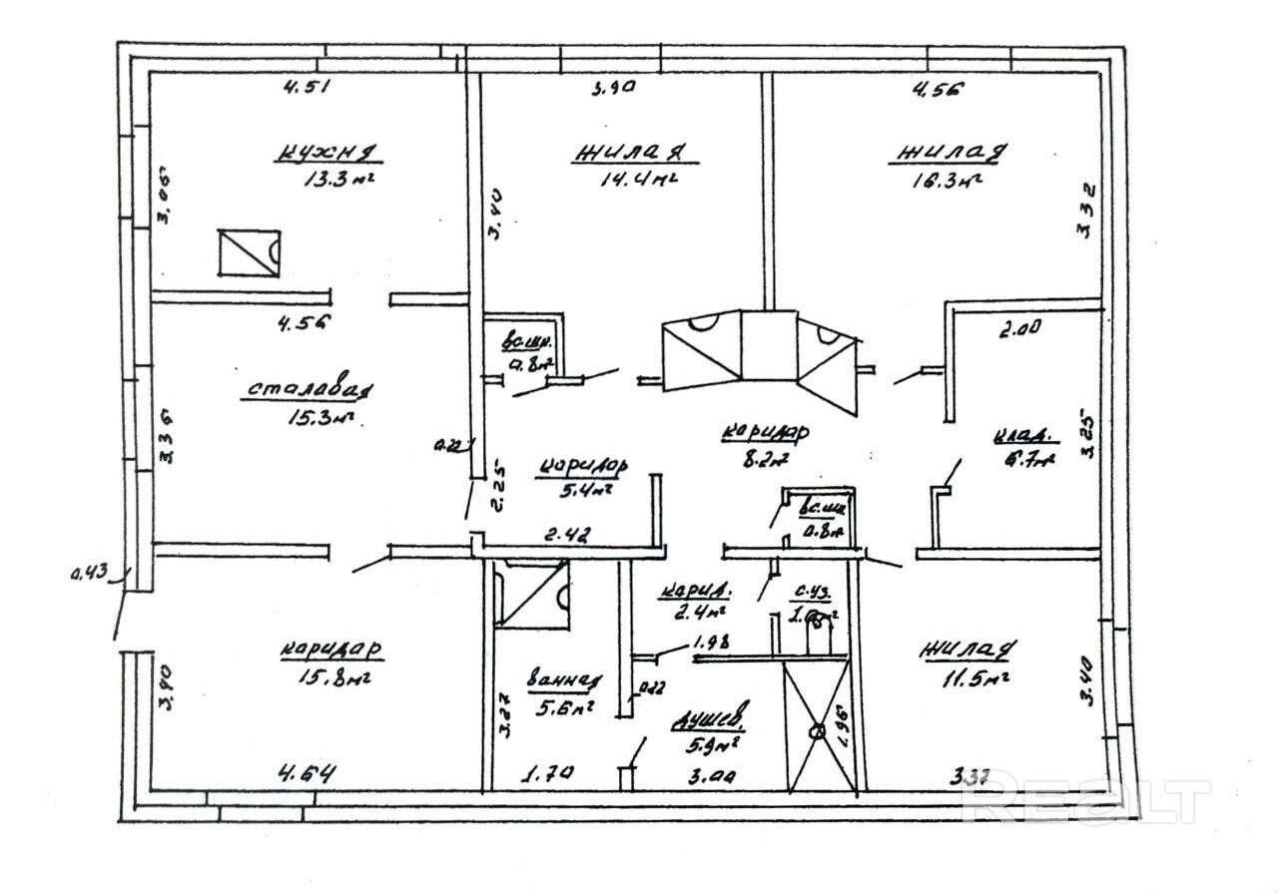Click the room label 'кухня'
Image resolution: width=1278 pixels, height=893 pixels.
coord(327,153)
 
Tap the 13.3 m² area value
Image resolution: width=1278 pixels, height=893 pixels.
coord(342,181)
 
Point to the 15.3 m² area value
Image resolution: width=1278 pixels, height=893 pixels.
coord(319,418)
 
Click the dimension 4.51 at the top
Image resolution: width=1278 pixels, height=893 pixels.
coord(306,87)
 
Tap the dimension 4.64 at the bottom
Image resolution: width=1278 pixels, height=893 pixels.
coord(306,773)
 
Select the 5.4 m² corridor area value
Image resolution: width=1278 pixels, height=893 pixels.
coord(586,489)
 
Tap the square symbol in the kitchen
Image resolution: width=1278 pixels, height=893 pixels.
coord(249,252)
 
